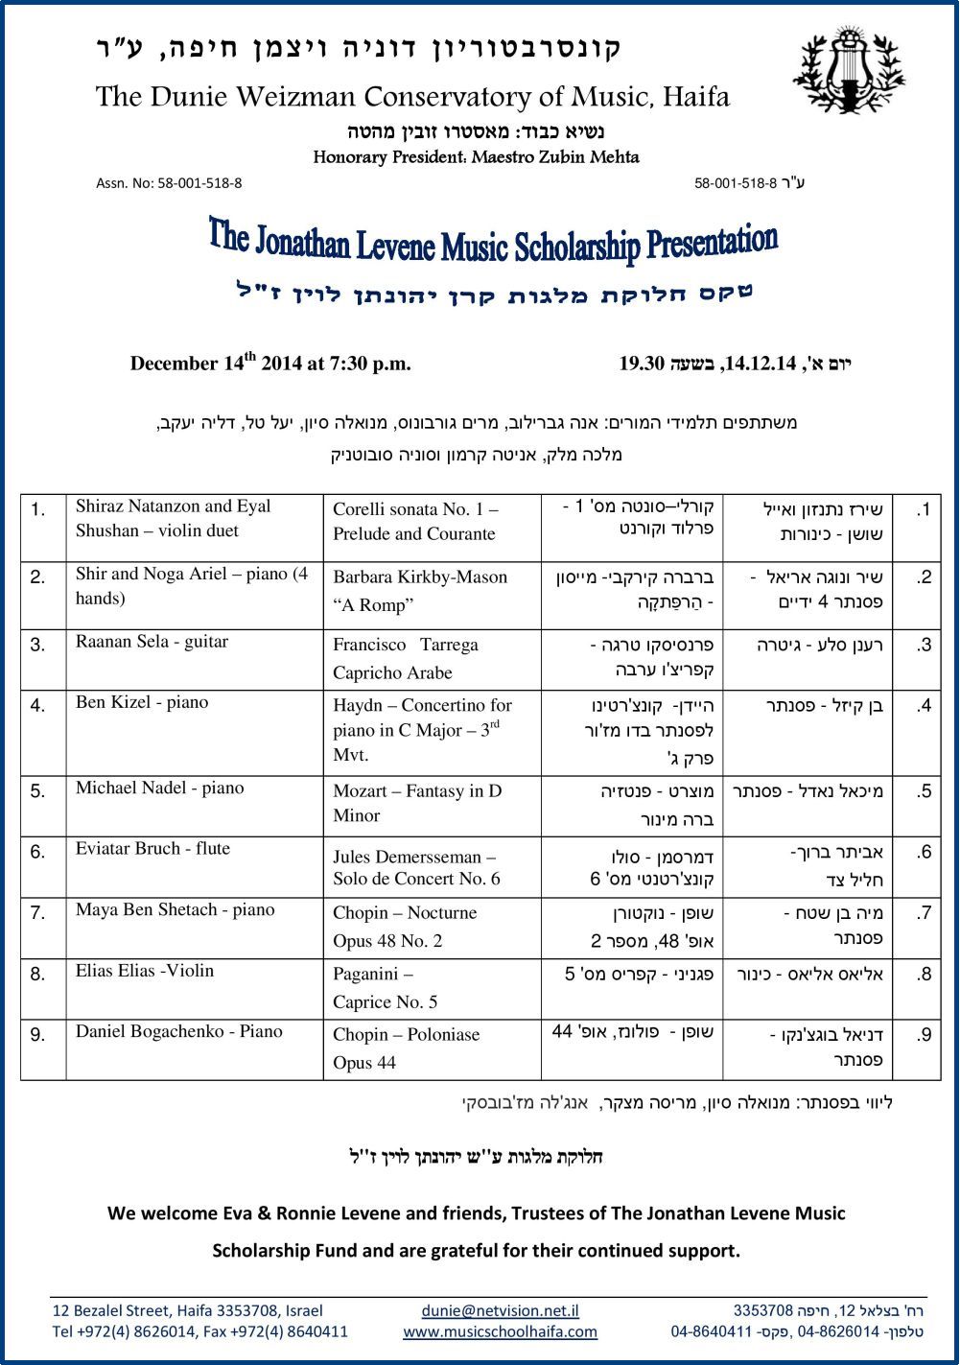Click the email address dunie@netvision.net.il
pos(500,1310)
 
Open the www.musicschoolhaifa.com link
pos(500,1331)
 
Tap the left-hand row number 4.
pos(38,705)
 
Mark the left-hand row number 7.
pos(38,912)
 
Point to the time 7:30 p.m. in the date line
pos(370,364)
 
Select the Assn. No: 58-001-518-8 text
pos(169,183)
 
